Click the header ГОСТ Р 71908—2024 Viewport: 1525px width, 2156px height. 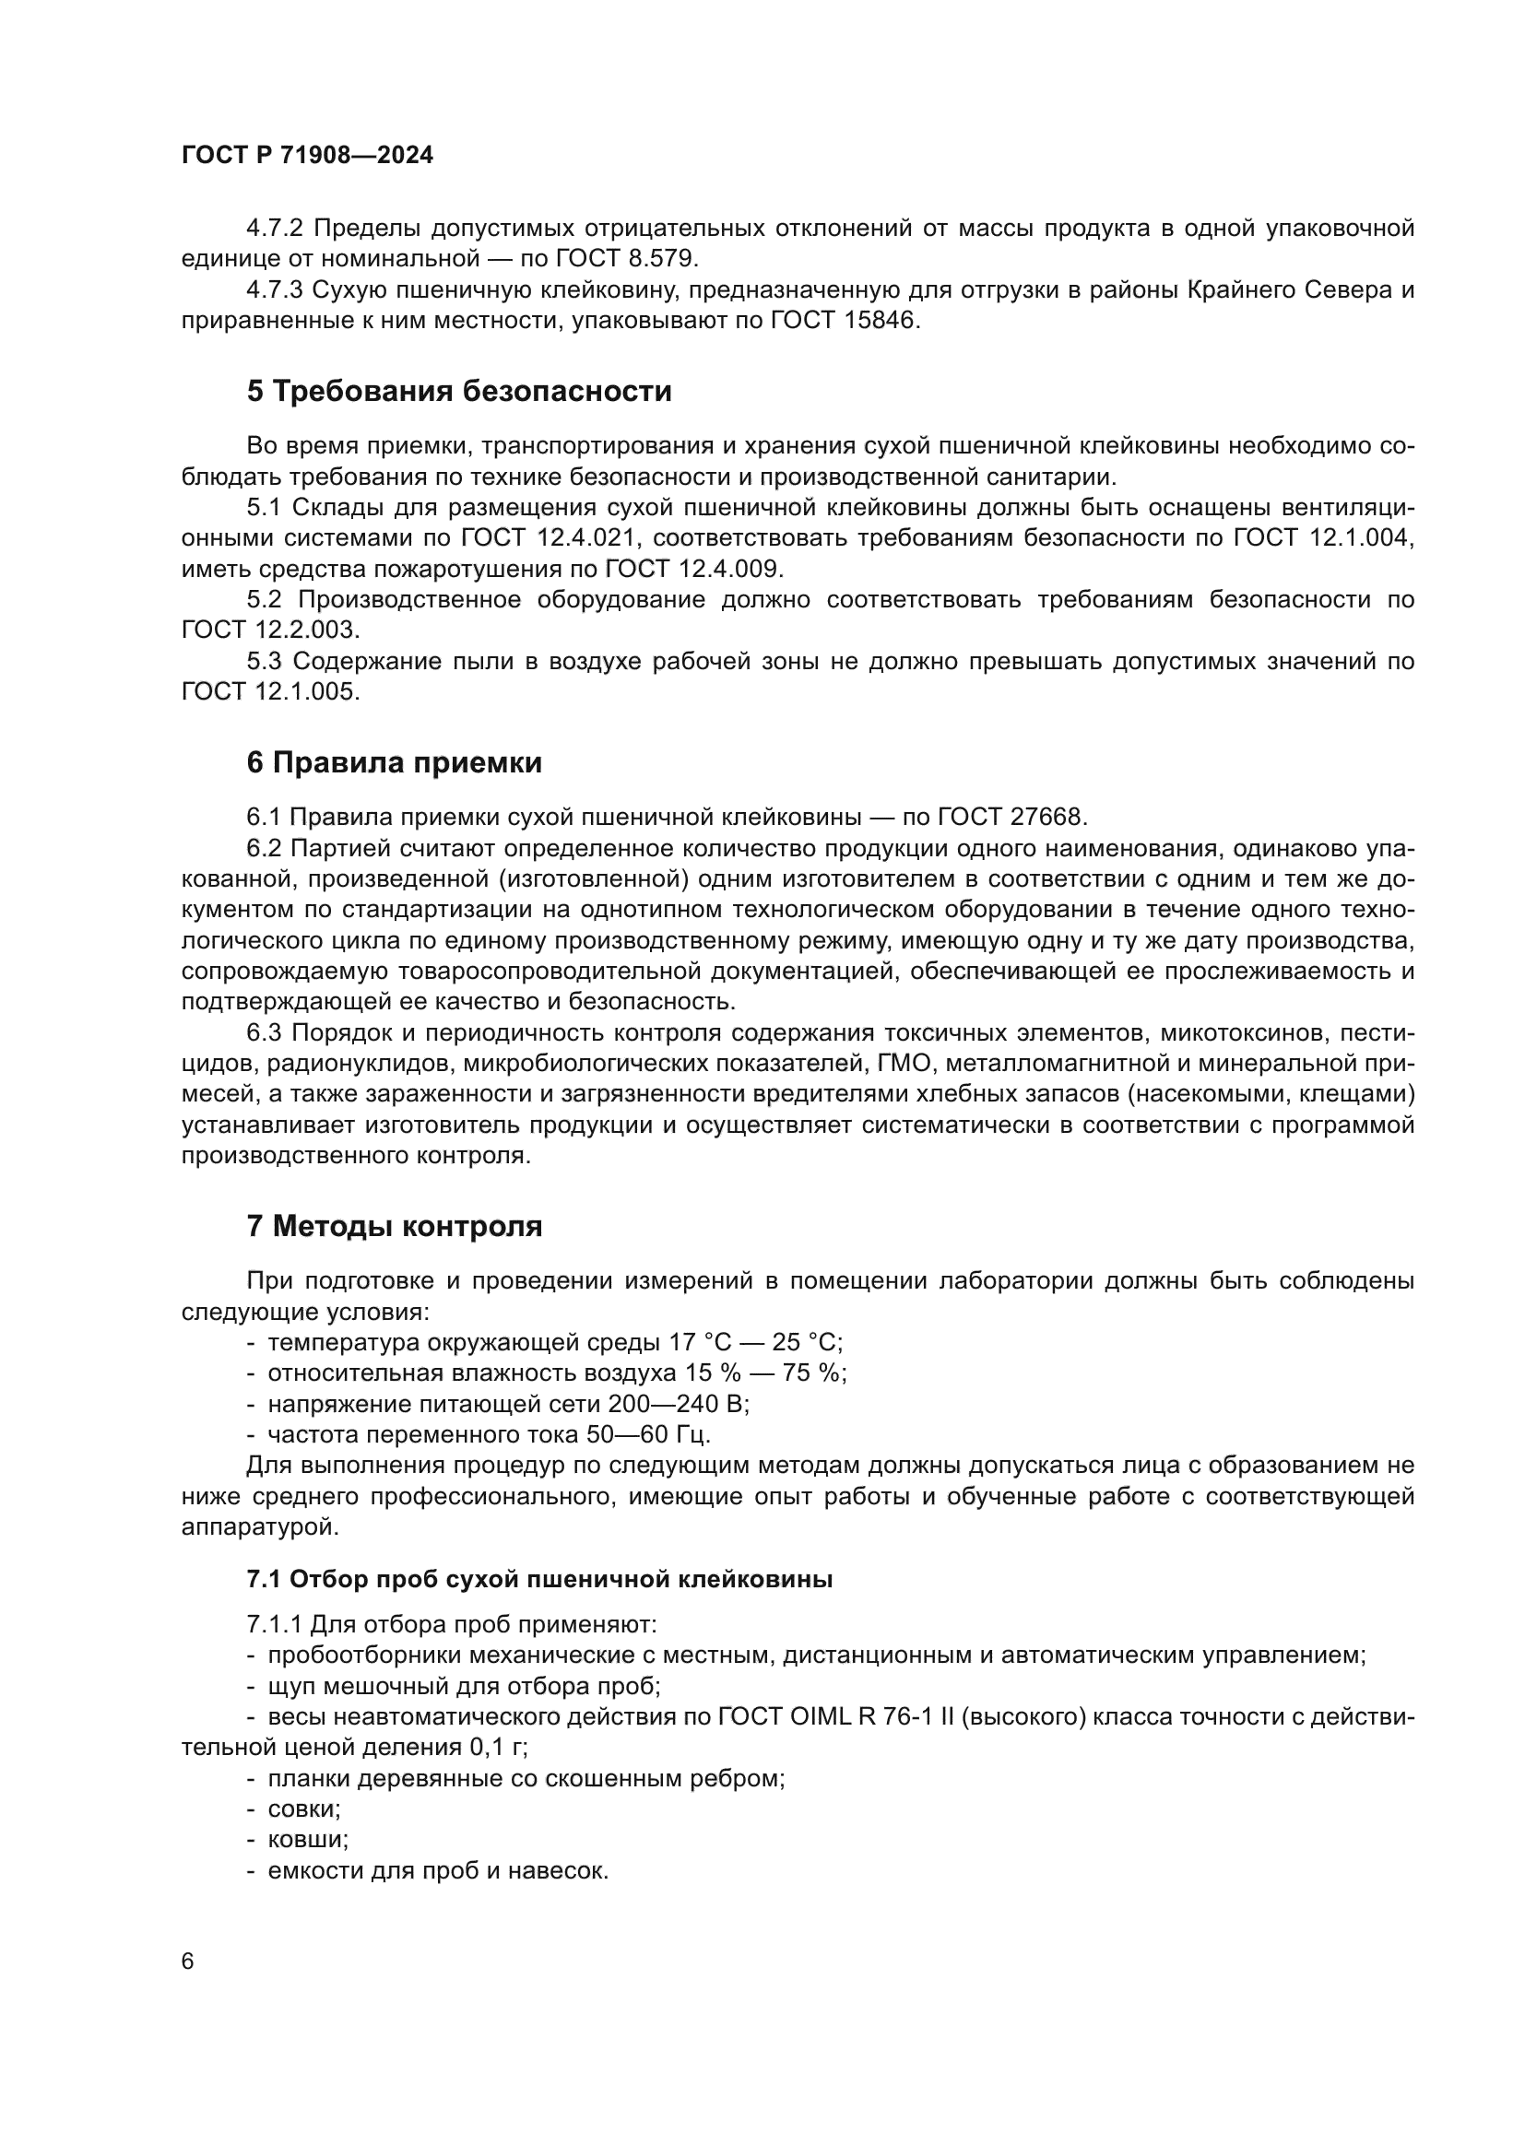coord(307,156)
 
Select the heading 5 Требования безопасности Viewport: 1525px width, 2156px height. coord(459,392)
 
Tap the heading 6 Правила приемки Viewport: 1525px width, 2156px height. coord(395,762)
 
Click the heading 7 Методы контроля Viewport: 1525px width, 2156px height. coord(395,1226)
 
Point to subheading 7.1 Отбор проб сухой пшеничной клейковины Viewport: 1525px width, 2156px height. coord(540,1580)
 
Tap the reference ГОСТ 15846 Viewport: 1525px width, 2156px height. coord(845,320)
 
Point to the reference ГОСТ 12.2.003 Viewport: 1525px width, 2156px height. coord(270,630)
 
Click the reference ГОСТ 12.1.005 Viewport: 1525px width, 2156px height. coord(270,692)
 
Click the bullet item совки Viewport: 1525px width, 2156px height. coord(303,1809)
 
